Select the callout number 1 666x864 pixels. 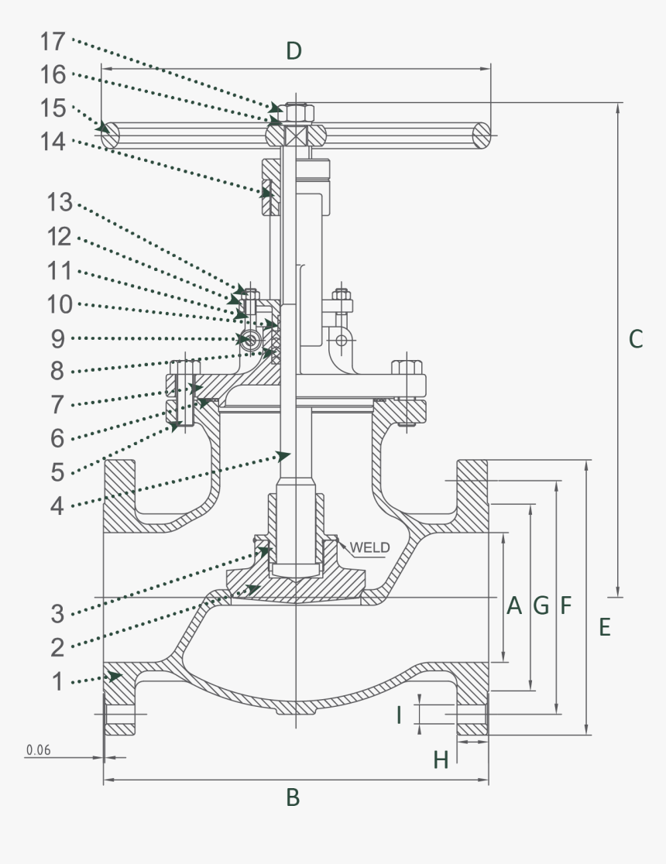pyautogui.click(x=57, y=682)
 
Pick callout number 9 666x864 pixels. pyautogui.click(x=58, y=338)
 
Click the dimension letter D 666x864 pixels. pyautogui.click(x=294, y=51)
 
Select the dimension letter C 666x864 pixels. pyautogui.click(x=635, y=338)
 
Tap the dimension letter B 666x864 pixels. pyautogui.click(x=293, y=797)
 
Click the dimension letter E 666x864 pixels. pyautogui.click(x=604, y=627)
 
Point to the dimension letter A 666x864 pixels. pyautogui.click(x=513, y=605)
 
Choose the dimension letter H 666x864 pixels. pyautogui.click(x=441, y=760)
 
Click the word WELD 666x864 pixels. pyautogui.click(x=370, y=547)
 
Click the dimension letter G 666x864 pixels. pyautogui.click(x=541, y=605)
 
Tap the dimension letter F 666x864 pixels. pyautogui.click(x=565, y=605)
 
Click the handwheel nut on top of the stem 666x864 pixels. pyautogui.click(x=297, y=113)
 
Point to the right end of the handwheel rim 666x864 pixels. pyautogui.click(x=482, y=135)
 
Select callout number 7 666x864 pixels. pyautogui.click(x=58, y=403)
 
